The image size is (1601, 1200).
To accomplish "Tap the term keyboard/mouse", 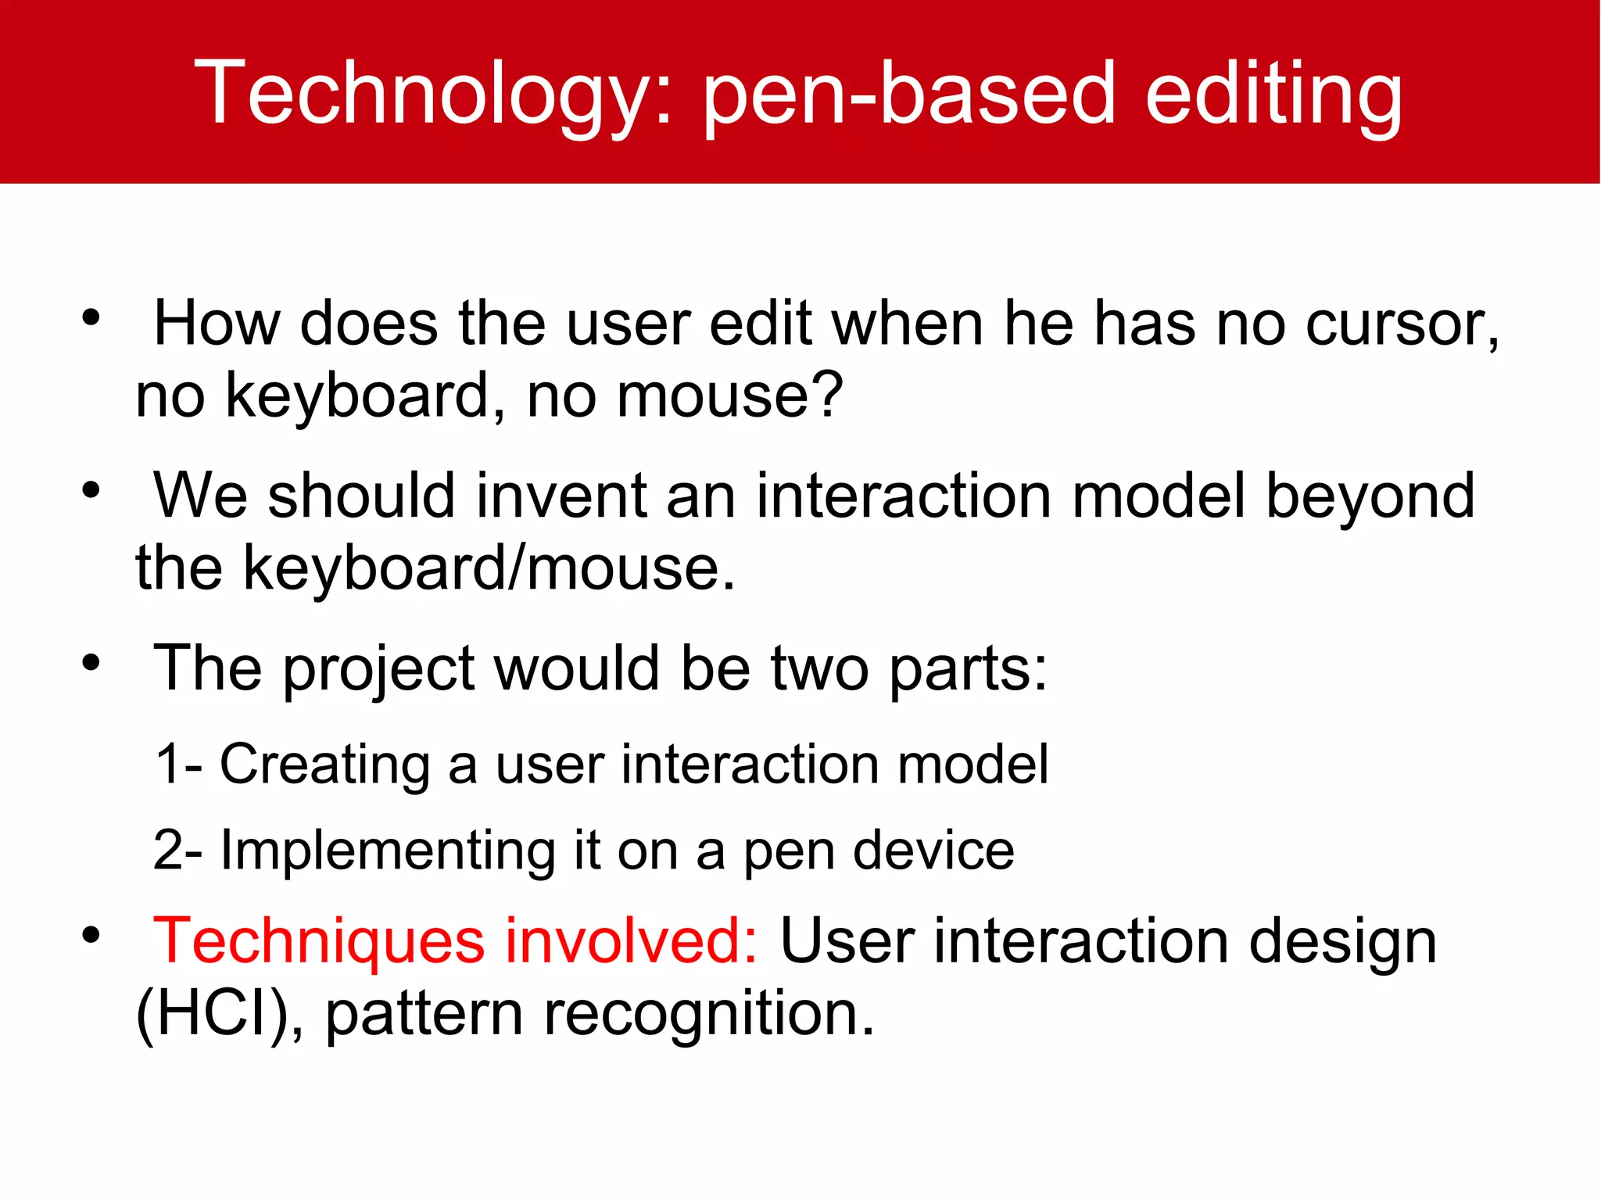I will point(489,568).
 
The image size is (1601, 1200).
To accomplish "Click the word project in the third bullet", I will point(379,670).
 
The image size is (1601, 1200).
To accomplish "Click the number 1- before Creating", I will point(178,764).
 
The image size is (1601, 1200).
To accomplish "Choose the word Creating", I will point(324,764).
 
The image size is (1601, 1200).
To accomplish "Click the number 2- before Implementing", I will point(178,851).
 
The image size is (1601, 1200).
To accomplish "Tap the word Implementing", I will point(388,851).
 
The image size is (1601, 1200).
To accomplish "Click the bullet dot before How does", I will point(91,317).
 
